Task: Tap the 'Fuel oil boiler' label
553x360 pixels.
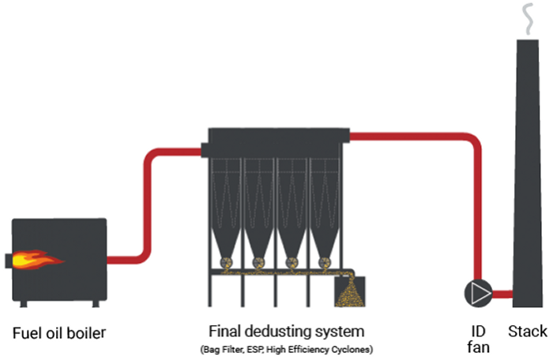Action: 59,332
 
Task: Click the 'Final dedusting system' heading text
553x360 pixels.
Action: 286,330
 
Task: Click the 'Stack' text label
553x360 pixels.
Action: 527,331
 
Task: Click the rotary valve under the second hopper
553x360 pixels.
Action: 258,263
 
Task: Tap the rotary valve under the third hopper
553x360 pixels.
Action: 291,263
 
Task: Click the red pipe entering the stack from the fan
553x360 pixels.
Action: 502,294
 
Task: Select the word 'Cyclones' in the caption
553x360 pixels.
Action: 352,348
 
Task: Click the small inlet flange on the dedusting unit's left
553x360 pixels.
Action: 204,150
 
